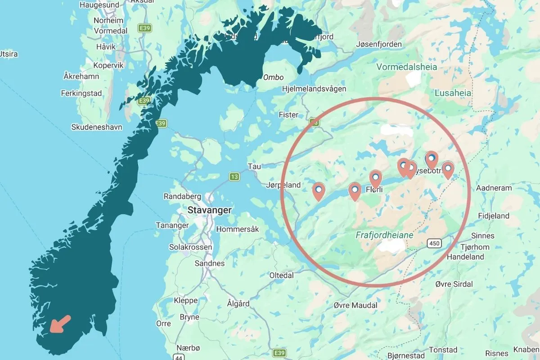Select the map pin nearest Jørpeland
319,191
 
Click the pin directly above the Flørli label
375,179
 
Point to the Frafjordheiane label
384,235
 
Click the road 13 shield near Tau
234,176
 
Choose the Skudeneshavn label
97,127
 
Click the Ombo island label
273,77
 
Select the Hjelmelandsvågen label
314,89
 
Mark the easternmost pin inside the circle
447,170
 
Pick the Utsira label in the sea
9,54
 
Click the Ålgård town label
238,304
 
